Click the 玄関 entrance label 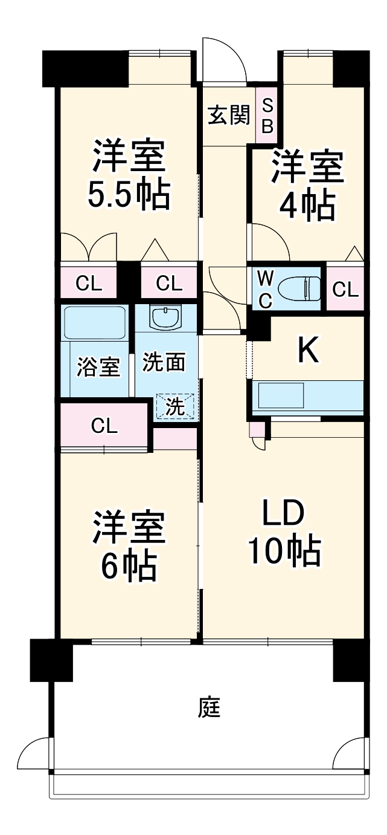pos(229,115)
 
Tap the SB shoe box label pos(267,115)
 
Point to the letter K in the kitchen pos(309,350)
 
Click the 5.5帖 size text pos(128,195)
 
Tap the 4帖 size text pos(307,206)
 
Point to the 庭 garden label pos(209,707)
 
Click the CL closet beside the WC pos(345,290)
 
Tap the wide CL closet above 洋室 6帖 pos(104,426)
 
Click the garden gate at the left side pos(36,753)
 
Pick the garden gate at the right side pos(350,753)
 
